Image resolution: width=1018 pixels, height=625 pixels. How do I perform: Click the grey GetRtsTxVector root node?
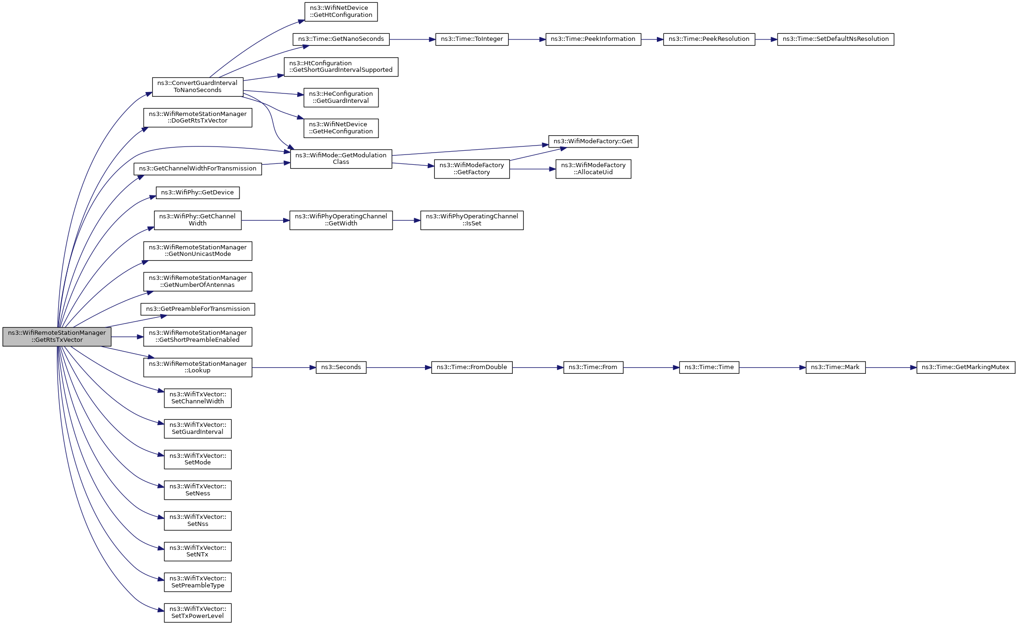(x=57, y=337)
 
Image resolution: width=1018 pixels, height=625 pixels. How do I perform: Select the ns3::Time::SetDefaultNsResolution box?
(x=835, y=39)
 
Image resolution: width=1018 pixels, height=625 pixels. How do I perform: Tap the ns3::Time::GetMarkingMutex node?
(x=965, y=368)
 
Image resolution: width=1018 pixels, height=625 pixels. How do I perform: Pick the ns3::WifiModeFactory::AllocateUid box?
(x=593, y=169)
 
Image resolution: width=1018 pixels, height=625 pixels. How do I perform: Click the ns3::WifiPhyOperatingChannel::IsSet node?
(x=471, y=220)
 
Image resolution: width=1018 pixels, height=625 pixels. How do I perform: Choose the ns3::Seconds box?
(x=341, y=368)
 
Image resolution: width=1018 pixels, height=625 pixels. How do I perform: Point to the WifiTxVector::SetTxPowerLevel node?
(x=198, y=613)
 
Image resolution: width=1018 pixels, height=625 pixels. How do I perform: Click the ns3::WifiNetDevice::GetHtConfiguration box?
(x=341, y=12)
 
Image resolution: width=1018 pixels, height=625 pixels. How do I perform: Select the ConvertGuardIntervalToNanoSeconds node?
(x=198, y=87)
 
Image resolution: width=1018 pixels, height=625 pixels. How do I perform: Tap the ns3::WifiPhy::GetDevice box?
(x=198, y=193)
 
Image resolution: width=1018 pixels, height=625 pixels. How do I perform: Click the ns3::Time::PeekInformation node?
(x=593, y=39)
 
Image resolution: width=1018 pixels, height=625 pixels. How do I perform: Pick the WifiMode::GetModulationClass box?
(x=341, y=159)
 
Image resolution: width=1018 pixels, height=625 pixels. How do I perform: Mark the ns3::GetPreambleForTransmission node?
(x=198, y=309)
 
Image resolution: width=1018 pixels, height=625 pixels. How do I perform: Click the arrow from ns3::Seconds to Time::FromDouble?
(x=399, y=368)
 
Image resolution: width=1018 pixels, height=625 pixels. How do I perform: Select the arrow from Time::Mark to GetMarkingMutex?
(x=891, y=368)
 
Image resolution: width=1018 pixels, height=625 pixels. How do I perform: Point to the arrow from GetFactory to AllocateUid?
(x=532, y=169)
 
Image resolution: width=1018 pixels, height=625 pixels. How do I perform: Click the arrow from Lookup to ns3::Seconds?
(x=284, y=368)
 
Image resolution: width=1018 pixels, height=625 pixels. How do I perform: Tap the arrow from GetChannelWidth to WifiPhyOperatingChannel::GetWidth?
(x=265, y=220)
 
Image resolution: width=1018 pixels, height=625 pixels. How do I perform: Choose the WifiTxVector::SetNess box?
(x=198, y=490)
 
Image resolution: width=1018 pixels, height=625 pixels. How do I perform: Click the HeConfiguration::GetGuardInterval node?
(x=341, y=98)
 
